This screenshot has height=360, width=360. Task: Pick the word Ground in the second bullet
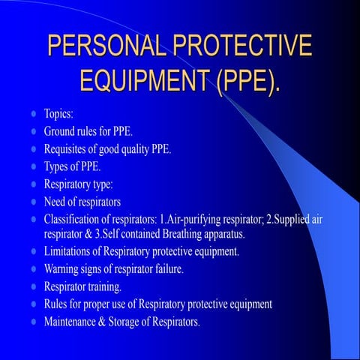(61, 131)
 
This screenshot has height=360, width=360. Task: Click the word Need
(56, 201)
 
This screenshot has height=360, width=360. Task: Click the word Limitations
(71, 251)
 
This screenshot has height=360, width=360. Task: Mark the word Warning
(64, 268)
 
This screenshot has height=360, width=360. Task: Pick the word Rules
(57, 304)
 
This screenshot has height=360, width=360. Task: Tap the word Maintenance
(76, 322)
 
